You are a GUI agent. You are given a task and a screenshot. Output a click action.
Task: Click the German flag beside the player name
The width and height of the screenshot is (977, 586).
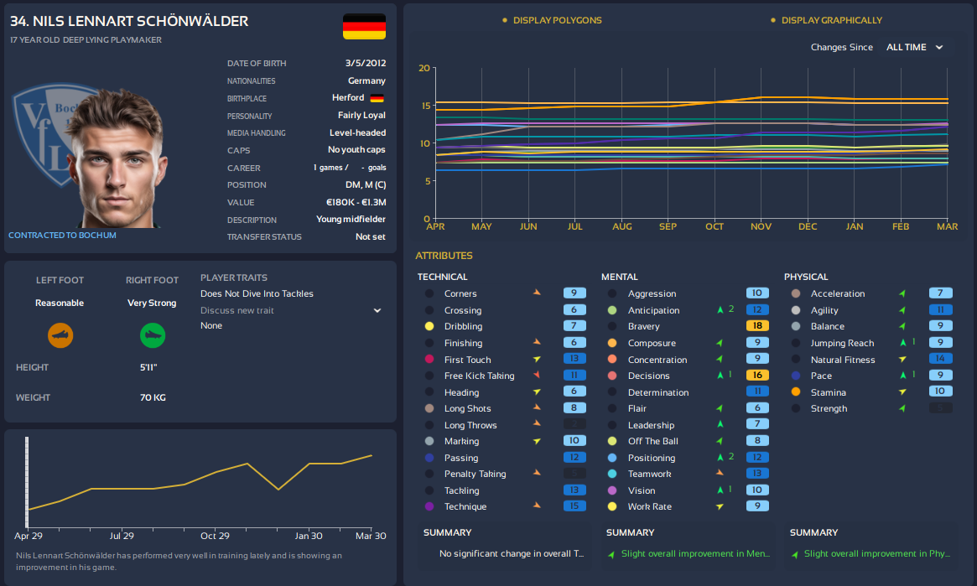point(364,26)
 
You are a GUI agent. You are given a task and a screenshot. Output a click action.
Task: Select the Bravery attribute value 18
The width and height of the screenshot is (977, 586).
point(756,326)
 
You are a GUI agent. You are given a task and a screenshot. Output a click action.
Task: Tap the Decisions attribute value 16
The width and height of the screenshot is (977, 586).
point(756,376)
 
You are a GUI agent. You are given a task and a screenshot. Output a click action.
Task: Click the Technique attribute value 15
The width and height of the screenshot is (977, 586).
point(574,506)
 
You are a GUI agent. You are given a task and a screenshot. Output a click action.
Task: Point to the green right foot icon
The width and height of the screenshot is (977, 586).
point(152,336)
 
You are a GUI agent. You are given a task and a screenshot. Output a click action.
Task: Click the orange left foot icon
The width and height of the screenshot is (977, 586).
point(60,336)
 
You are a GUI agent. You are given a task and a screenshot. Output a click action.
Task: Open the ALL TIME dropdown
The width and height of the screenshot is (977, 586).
point(914,48)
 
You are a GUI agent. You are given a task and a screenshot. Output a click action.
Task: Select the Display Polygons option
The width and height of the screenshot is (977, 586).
point(557,20)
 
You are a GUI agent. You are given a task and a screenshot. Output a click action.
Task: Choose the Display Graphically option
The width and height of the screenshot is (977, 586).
point(831,20)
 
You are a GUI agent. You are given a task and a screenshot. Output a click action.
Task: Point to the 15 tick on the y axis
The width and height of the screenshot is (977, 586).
point(424,106)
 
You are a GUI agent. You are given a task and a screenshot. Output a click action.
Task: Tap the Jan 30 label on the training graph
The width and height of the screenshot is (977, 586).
point(309,536)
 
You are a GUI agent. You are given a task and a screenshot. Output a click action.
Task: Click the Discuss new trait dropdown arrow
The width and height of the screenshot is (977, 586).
point(377,310)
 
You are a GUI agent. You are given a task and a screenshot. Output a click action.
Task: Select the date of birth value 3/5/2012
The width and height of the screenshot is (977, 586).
point(365,64)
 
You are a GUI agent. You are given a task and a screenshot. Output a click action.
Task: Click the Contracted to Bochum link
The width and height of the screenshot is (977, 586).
point(62,236)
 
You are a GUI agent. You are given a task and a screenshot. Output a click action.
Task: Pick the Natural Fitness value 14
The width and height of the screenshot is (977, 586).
point(940,360)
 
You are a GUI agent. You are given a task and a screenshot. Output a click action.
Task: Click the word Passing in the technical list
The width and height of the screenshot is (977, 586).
point(461,458)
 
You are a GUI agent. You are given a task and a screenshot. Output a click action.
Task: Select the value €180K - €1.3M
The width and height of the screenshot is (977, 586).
point(356,202)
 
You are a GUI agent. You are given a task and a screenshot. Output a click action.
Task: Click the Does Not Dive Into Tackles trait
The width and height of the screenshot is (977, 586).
point(257,294)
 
